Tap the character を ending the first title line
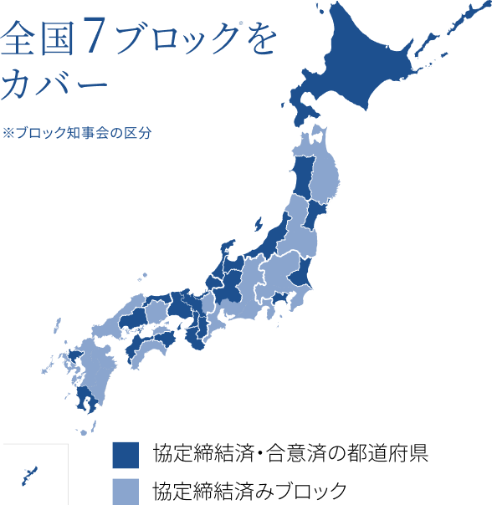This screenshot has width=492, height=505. (x=263, y=42)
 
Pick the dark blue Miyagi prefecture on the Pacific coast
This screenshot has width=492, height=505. (x=318, y=214)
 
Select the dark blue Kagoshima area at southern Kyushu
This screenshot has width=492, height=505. (x=87, y=400)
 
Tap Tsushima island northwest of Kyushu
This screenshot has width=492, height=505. (x=58, y=324)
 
